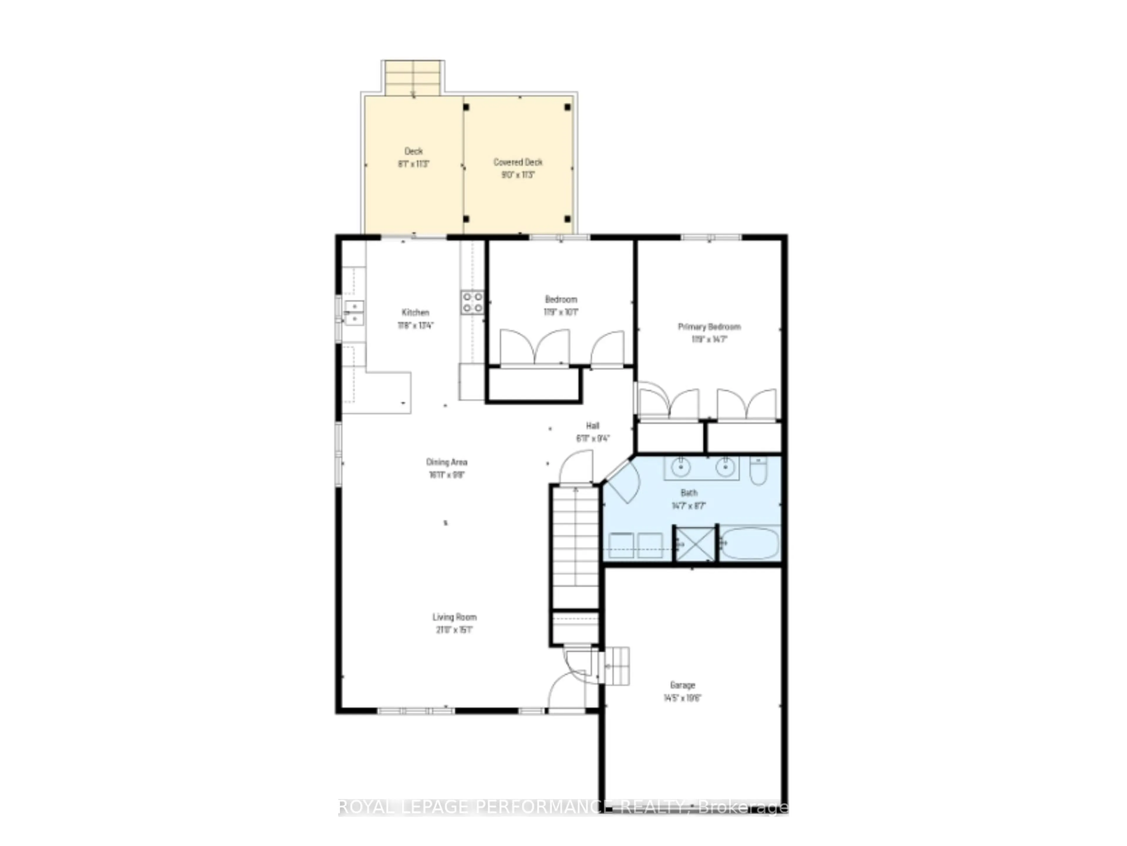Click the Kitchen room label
415,312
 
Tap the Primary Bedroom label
709,326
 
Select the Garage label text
682,685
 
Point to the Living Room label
454,617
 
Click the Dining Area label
446,462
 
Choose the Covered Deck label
518,162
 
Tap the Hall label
593,425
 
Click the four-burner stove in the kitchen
472,302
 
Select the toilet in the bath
758,470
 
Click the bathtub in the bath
750,543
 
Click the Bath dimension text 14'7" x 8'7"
689,506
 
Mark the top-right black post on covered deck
568,107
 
